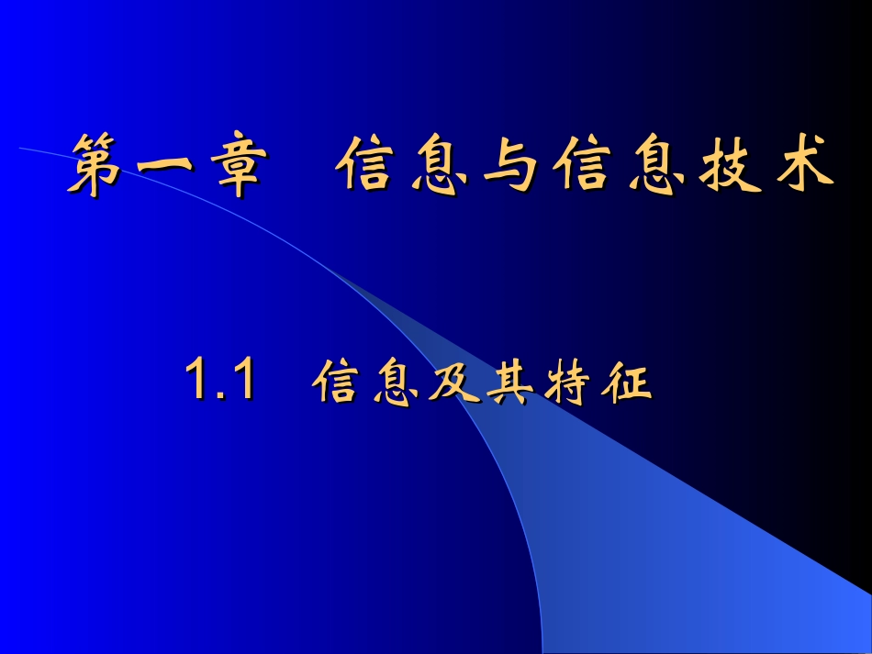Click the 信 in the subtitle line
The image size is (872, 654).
(336, 383)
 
